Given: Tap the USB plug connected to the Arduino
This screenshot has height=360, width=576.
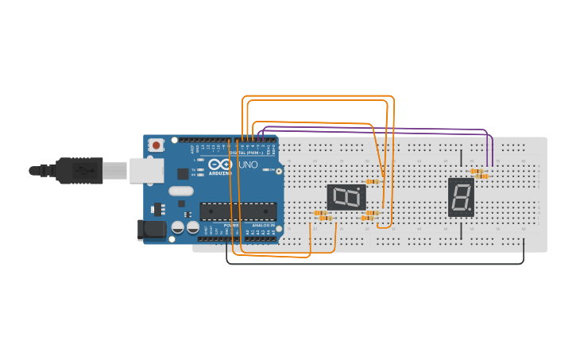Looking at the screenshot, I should click(79, 170).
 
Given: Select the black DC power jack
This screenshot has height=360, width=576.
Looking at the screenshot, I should click(152, 230).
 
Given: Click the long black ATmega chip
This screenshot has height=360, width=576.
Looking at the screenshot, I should click(238, 211).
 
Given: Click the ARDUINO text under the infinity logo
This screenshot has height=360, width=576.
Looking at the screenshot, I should click(220, 172).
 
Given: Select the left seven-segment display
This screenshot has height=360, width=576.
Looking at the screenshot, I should click(346, 197).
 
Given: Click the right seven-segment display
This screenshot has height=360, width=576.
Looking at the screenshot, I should click(461, 196).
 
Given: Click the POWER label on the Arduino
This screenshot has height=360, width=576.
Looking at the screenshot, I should click(230, 226).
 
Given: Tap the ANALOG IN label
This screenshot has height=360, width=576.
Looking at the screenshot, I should click(263, 226).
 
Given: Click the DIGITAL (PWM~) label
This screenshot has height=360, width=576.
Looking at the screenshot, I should click(249, 152).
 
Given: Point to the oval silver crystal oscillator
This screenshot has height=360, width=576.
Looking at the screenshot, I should click(181, 191).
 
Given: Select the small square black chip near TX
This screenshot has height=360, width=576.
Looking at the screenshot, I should click(183, 173).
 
